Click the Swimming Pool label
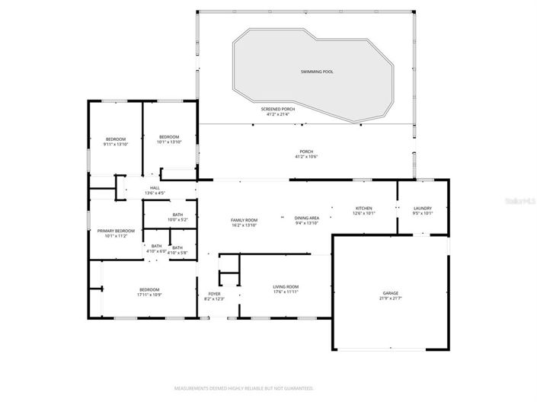(317, 72)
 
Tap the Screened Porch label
(278, 109)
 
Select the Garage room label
(390, 292)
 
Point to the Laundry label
(423, 208)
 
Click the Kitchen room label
(363, 208)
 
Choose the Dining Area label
(308, 219)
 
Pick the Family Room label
(245, 219)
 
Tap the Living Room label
(286, 286)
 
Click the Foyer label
(214, 293)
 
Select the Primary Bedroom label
(116, 231)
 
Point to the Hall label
(155, 187)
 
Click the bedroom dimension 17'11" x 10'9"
(149, 295)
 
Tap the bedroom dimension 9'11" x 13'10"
(116, 144)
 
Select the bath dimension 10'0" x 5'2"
(177, 220)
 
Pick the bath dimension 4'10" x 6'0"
(156, 250)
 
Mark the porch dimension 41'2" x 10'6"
(305, 157)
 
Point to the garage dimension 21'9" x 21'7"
(390, 298)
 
